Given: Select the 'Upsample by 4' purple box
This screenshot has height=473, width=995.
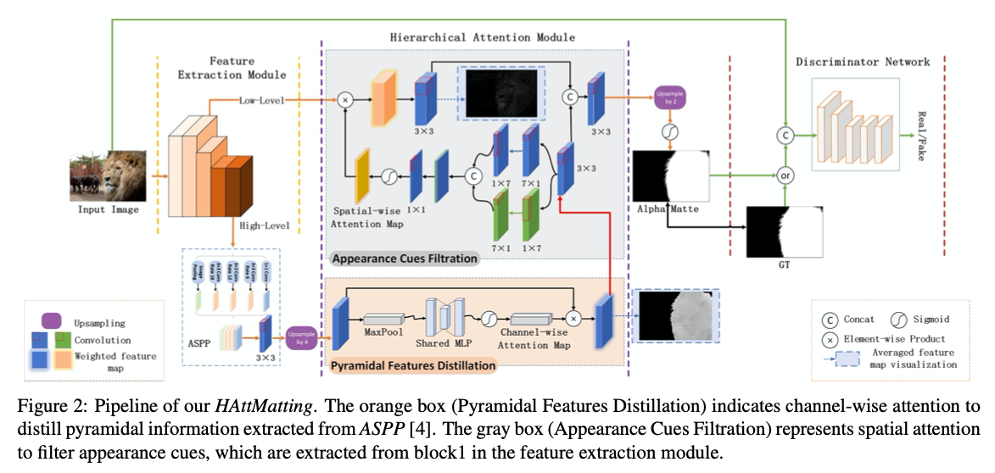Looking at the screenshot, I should (x=302, y=339).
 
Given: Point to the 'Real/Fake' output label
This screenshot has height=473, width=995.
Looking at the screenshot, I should (x=922, y=135).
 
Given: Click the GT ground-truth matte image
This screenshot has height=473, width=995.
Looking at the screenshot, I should (x=785, y=231).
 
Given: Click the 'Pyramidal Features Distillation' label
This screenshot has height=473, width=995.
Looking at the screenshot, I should (x=413, y=365).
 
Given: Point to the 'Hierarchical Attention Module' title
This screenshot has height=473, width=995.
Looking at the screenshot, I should (x=482, y=37).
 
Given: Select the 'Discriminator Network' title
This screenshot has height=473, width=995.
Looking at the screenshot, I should (x=863, y=62).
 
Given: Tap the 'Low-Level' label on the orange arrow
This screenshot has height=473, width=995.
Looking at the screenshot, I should (x=262, y=100).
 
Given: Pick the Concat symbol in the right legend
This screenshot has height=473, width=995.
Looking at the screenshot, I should (x=831, y=320).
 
